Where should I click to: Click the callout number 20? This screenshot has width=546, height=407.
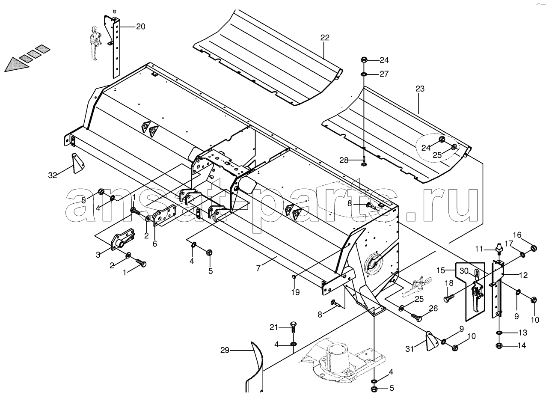140,27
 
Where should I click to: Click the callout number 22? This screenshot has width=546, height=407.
325,38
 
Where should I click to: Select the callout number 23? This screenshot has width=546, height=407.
420,89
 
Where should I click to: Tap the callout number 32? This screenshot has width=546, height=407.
53,175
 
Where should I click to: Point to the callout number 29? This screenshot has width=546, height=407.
225,350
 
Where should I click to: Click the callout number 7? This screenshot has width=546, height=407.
258,268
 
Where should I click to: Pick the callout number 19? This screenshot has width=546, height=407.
296,292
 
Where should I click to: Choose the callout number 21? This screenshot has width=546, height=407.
273,327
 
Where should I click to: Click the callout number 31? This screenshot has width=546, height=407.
409,349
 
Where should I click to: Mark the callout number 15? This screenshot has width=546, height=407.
441,270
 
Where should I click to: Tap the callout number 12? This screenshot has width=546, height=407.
523,275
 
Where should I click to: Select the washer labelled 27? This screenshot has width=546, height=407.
364,74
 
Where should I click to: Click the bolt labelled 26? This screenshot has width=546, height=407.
415,318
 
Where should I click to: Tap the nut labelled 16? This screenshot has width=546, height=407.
534,248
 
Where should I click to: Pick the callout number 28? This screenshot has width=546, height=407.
344,160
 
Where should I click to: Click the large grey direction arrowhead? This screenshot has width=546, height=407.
16,65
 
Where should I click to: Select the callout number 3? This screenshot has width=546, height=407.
98,255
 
